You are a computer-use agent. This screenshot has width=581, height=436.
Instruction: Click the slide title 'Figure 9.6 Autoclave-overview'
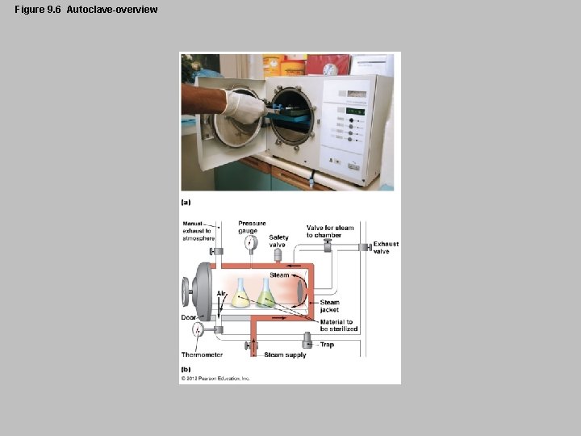86,10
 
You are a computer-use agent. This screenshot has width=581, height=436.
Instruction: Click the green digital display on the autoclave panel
356,111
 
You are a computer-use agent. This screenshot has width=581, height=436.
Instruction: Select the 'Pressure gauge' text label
252,227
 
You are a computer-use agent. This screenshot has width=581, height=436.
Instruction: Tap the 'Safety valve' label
278,241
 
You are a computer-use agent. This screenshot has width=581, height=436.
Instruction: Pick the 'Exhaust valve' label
386,247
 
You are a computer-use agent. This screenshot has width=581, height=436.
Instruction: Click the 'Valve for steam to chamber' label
330,231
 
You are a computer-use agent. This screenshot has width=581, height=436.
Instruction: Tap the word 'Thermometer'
202,354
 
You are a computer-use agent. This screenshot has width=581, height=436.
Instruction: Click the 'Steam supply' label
285,354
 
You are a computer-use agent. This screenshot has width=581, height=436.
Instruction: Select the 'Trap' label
327,345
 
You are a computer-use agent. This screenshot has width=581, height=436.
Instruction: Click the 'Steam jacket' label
329,306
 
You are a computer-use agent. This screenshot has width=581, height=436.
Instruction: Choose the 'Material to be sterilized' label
338,325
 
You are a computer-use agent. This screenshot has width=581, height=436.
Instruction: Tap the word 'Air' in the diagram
221,293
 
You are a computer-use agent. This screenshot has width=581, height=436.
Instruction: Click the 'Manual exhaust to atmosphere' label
197,231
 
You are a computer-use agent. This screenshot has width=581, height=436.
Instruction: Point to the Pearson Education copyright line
215,378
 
